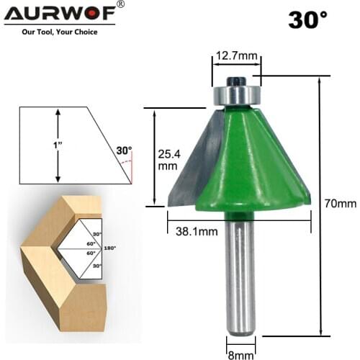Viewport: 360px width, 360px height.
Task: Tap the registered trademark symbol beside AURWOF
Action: pyautogui.click(x=120, y=5)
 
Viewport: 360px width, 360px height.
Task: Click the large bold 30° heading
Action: pyautogui.click(x=307, y=19)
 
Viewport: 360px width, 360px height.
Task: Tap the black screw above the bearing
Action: pyautogui.click(x=236, y=81)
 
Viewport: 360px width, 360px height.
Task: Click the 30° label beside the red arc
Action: pyautogui.click(x=124, y=150)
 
